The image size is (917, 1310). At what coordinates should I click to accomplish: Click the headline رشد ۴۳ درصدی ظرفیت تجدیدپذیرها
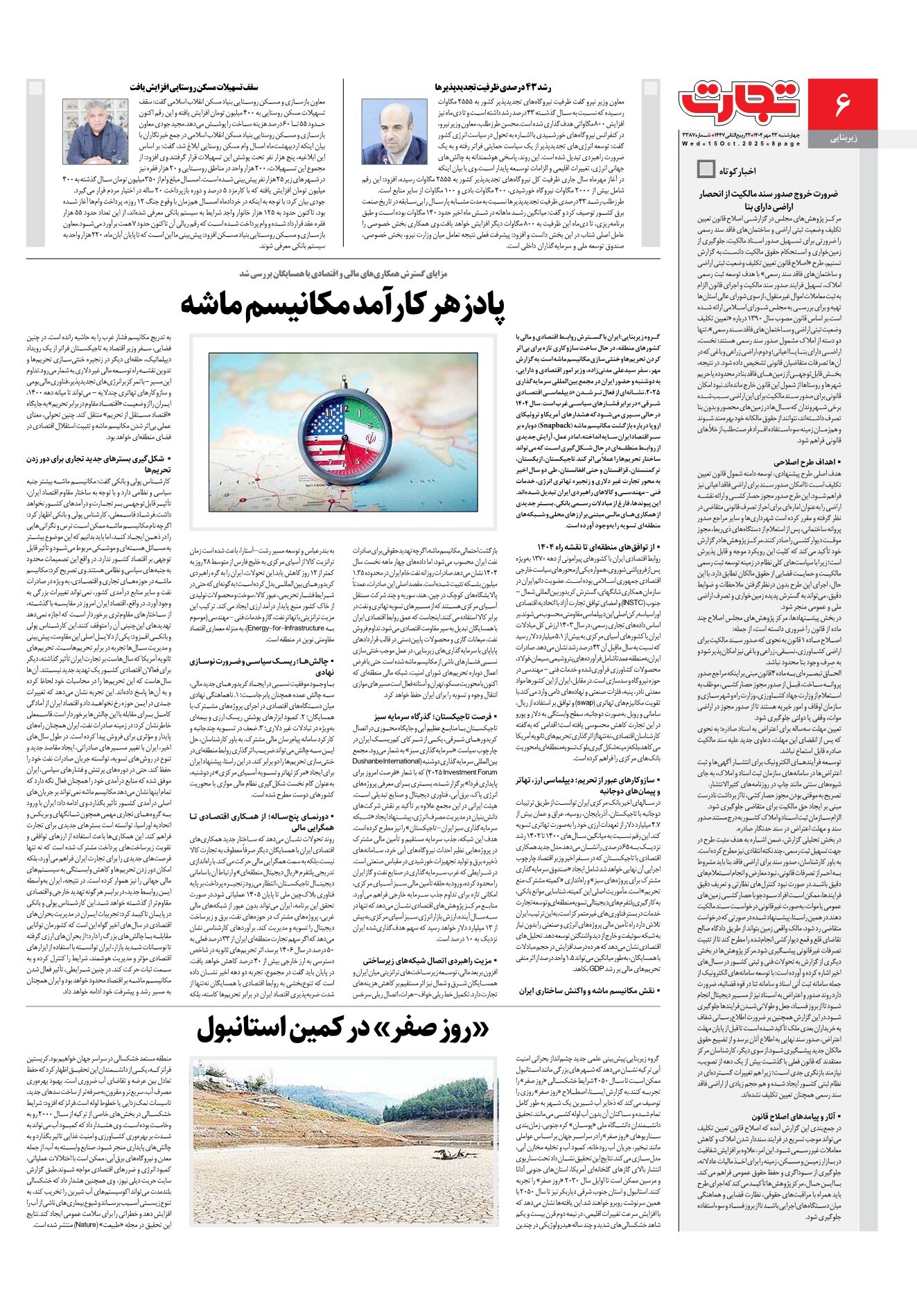(x=493, y=87)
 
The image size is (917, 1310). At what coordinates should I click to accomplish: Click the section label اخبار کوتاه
(x=738, y=171)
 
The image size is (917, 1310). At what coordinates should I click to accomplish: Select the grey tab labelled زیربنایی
(x=844, y=139)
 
